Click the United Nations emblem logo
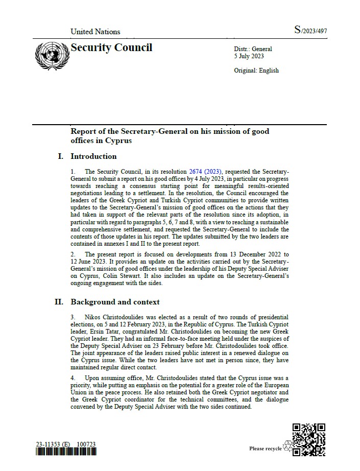pyautogui.click(x=52, y=55)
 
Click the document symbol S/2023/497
pyautogui.click(x=310, y=31)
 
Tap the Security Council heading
pyautogui.click(x=111, y=48)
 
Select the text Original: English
pyautogui.click(x=256, y=70)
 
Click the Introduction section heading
pyautogui.click(x=93, y=156)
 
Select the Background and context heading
pyautogui.click(x=115, y=302)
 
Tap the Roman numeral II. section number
pyautogui.click(x=59, y=302)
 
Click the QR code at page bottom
pyautogui.click(x=309, y=439)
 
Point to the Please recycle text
pyautogui.click(x=265, y=449)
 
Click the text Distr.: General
pyautogui.click(x=253, y=49)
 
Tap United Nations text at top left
pyautogui.click(x=95, y=32)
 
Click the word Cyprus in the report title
pyautogui.click(x=117, y=140)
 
